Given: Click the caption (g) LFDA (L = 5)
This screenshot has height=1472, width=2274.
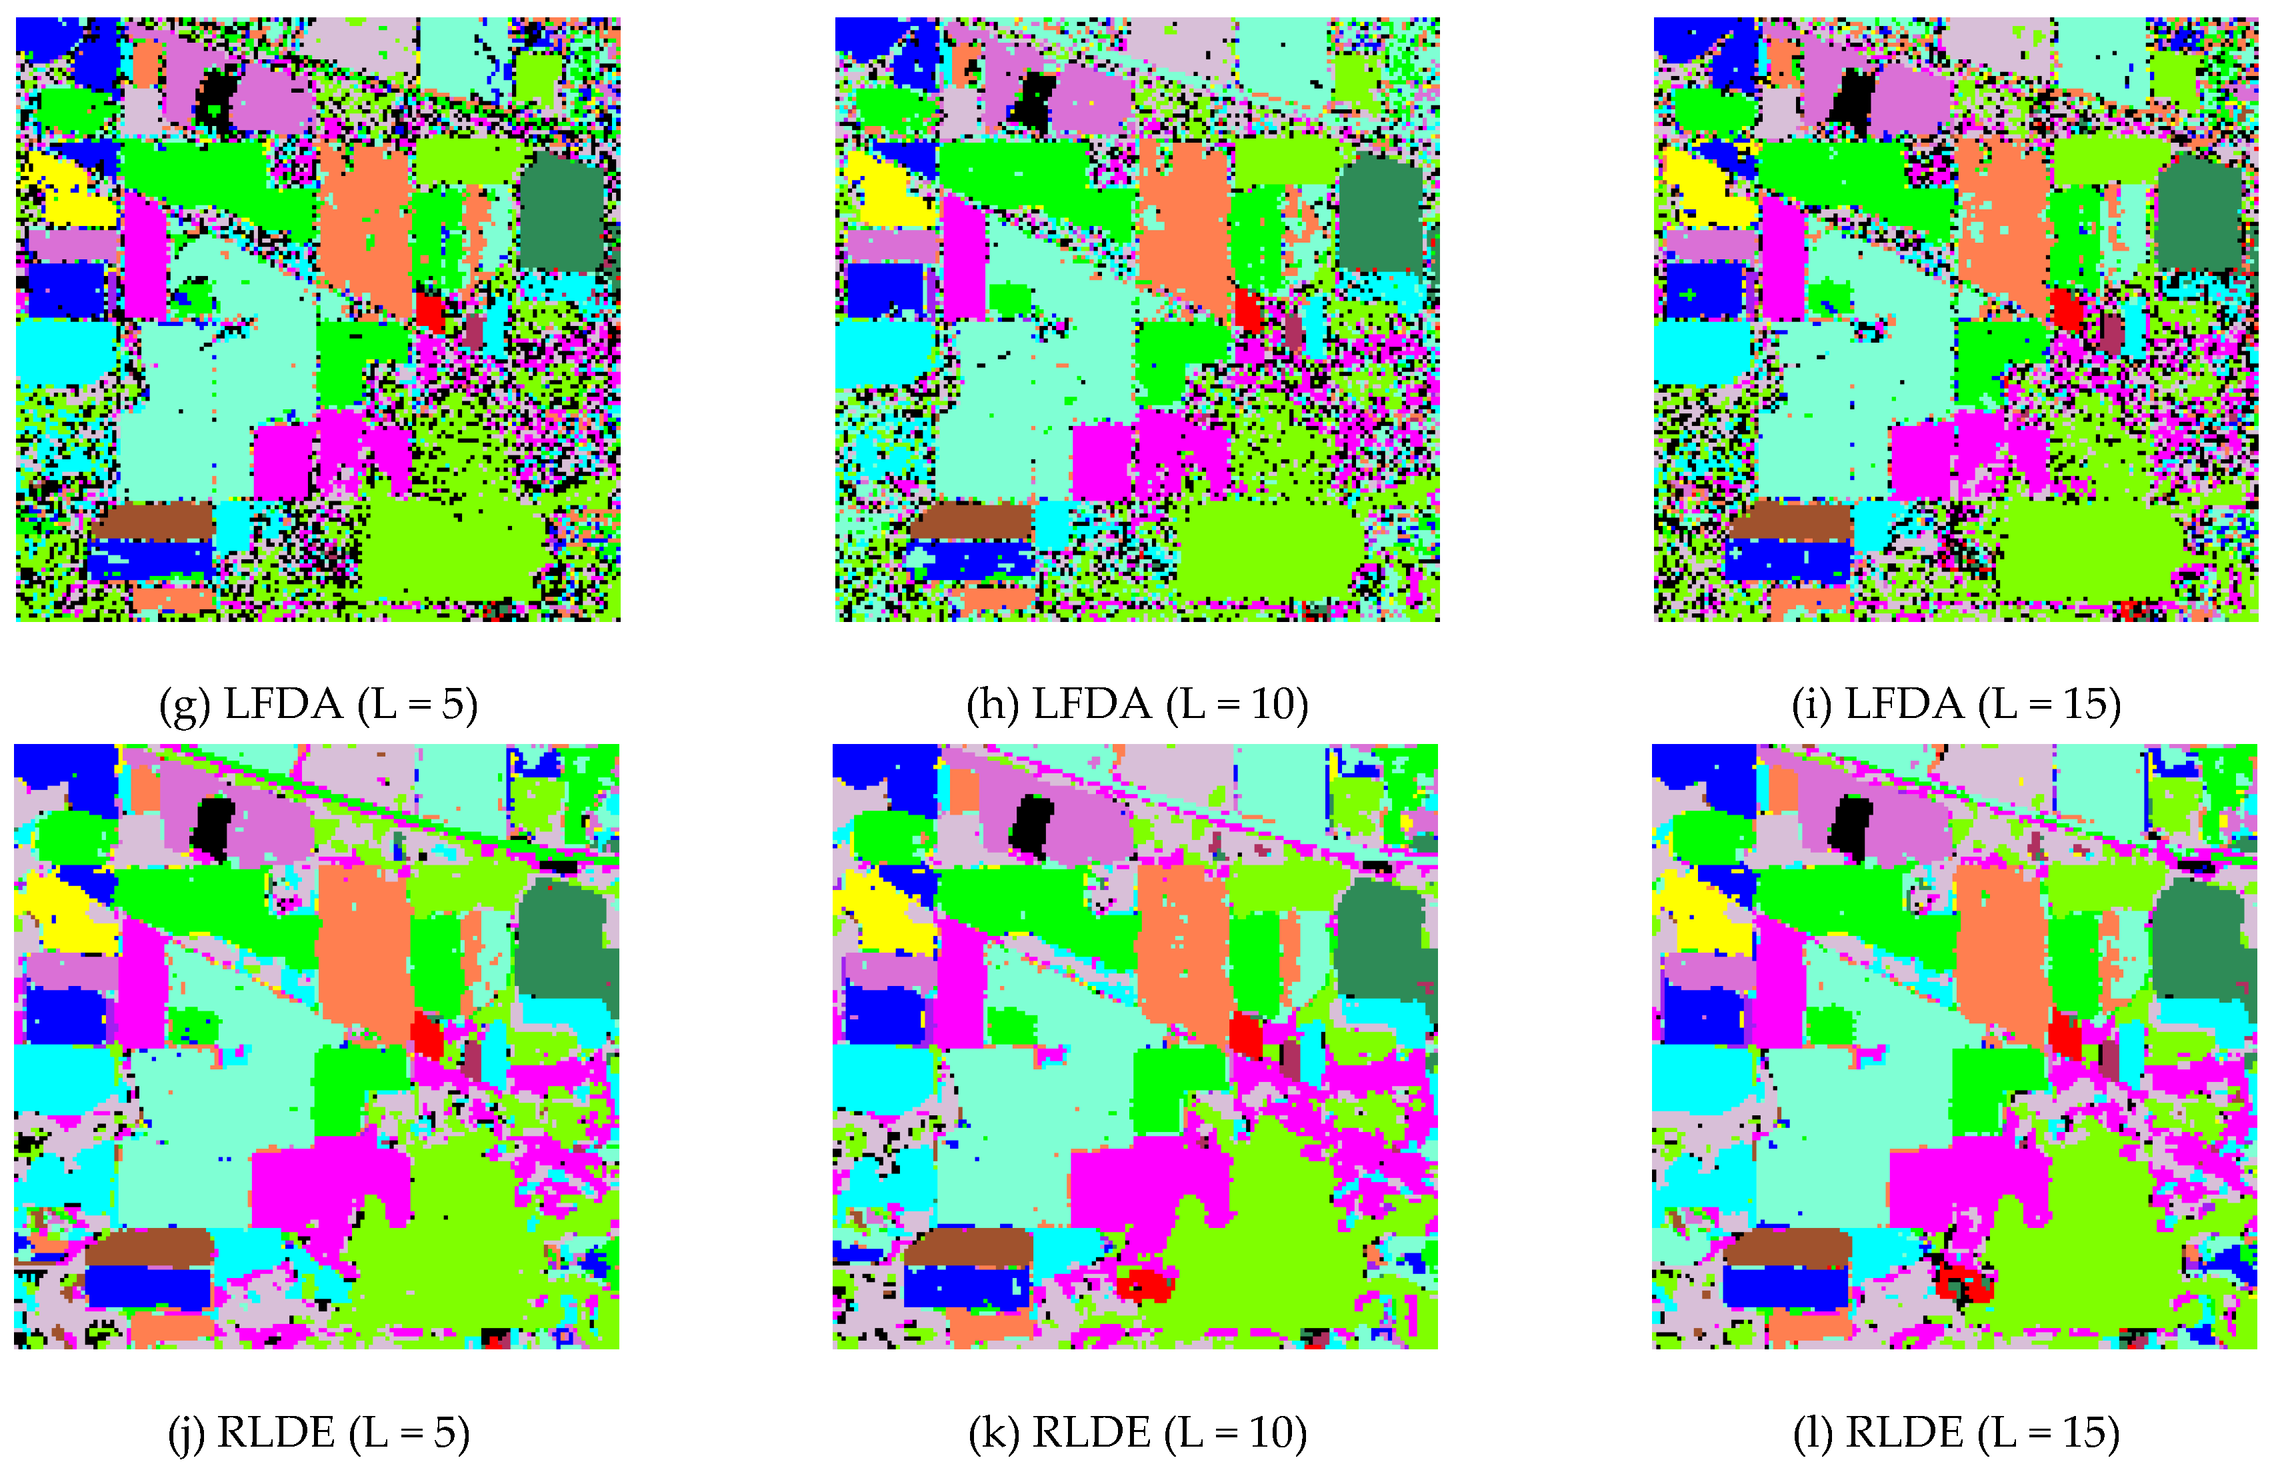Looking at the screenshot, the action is [318, 705].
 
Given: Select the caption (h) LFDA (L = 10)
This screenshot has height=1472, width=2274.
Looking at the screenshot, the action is [1137, 705].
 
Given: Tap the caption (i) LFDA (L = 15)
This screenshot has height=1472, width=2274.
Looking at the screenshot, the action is [1956, 705].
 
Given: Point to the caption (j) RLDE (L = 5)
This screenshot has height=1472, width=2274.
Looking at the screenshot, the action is [318, 1433].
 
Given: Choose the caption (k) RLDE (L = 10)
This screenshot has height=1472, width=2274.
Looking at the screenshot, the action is [1137, 1433].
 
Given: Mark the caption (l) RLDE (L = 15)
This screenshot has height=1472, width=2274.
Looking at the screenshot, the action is [1956, 1433].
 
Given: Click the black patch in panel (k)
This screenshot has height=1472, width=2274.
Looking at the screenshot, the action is [1031, 823].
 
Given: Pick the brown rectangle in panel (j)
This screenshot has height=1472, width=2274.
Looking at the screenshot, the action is [151, 1247].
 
